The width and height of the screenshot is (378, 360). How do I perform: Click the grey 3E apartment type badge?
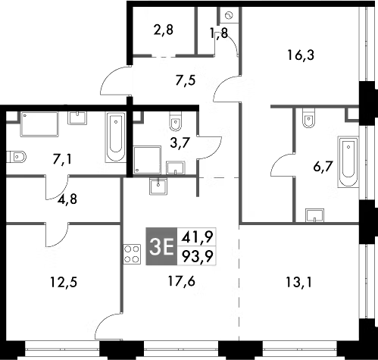click(x=162, y=247)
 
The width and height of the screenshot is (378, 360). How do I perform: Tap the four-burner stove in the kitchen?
click(x=130, y=256)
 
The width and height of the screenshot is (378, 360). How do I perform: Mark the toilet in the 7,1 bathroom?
click(x=17, y=158)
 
